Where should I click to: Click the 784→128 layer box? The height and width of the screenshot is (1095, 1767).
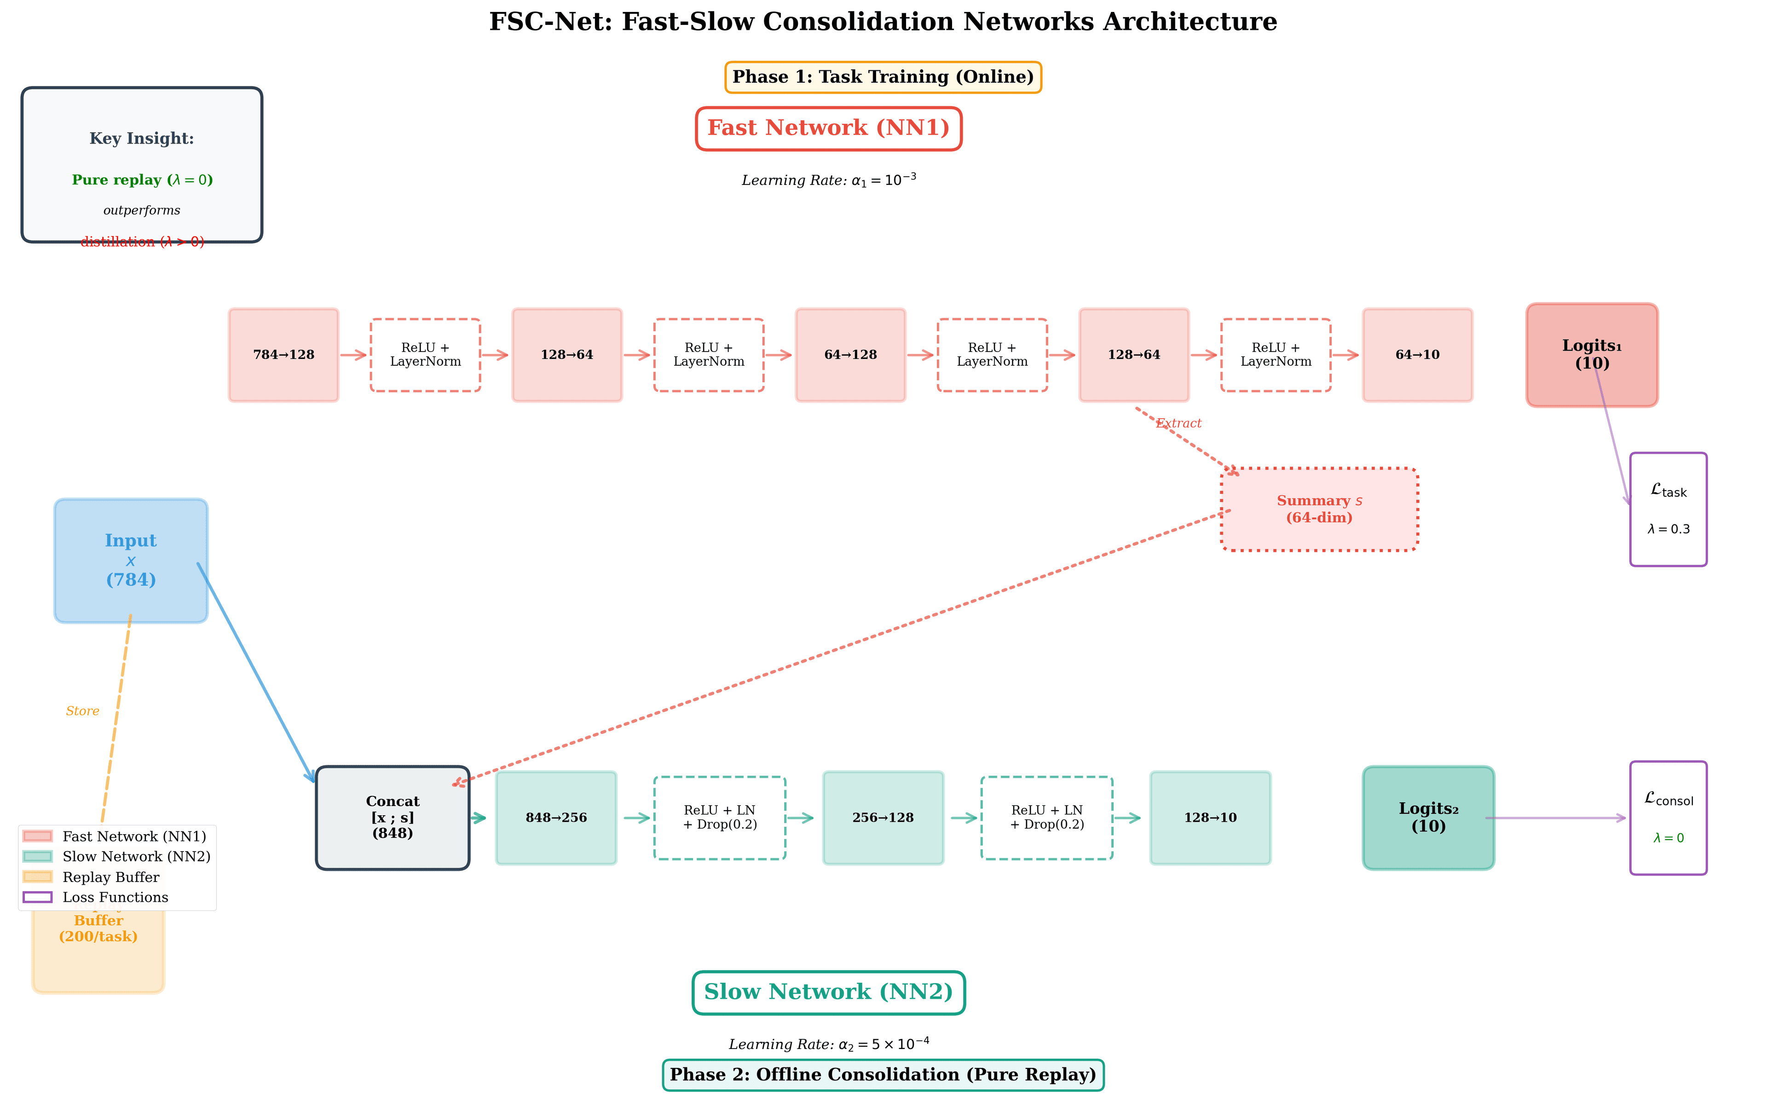[283, 355]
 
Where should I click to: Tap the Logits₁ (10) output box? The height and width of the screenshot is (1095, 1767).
[1591, 355]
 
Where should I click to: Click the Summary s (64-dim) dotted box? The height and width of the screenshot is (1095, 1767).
[1319, 509]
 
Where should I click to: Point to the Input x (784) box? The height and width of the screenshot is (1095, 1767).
[130, 560]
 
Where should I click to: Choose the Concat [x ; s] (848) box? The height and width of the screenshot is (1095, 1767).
[393, 817]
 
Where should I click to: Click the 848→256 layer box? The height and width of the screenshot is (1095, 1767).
[555, 818]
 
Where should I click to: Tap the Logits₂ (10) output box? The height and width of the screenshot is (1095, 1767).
[1427, 818]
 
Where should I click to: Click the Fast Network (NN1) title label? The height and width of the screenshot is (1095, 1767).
[828, 128]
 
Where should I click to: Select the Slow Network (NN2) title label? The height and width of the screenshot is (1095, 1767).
[828, 992]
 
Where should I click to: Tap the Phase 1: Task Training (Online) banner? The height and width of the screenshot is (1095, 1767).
[882, 77]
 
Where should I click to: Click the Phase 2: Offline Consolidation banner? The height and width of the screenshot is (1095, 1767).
[882, 1075]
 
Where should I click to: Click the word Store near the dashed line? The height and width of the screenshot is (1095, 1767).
[82, 711]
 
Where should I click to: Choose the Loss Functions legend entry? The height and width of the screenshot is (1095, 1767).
[115, 897]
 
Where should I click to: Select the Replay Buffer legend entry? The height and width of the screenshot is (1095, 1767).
[110, 877]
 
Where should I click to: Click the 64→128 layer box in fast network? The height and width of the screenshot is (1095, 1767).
[850, 355]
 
